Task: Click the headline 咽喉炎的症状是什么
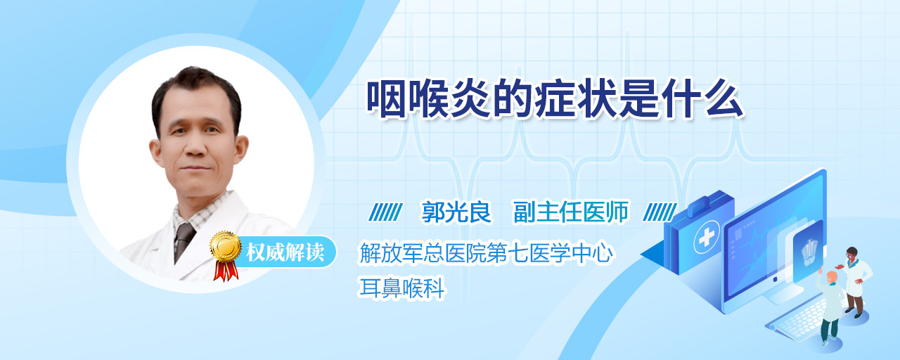[x=555, y=99]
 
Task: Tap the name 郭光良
[x=456, y=212]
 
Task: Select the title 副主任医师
[x=571, y=212]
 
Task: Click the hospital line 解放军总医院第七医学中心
[x=486, y=253]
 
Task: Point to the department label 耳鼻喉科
[x=401, y=288]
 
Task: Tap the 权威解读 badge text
[x=285, y=252]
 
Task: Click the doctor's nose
[x=195, y=148]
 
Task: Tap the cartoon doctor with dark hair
[x=855, y=281]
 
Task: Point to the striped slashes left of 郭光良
[x=385, y=212]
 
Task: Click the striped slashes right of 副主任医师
[x=660, y=212]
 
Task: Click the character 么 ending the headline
[x=724, y=99]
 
